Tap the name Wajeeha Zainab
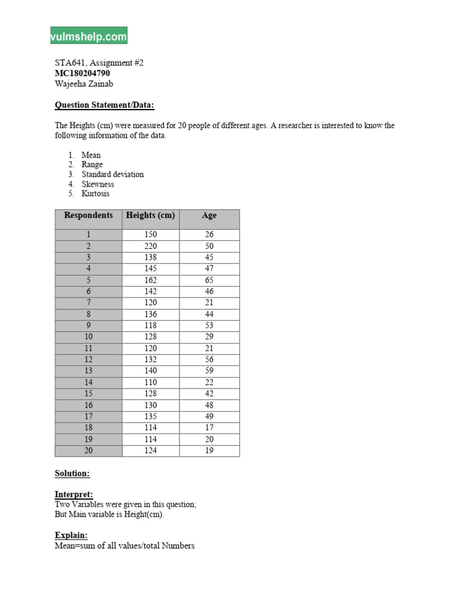(84, 84)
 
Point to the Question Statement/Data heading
(104, 105)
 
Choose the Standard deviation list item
(113, 174)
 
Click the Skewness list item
(98, 184)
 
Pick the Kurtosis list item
(96, 193)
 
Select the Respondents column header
(89, 216)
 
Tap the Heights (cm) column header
(150, 216)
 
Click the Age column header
(209, 216)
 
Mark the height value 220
(150, 246)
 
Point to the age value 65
(209, 280)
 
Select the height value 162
(150, 280)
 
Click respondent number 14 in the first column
(89, 382)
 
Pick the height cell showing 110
(150, 382)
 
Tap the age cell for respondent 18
(209, 427)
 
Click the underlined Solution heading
(72, 474)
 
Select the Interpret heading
(74, 495)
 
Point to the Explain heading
(71, 535)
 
